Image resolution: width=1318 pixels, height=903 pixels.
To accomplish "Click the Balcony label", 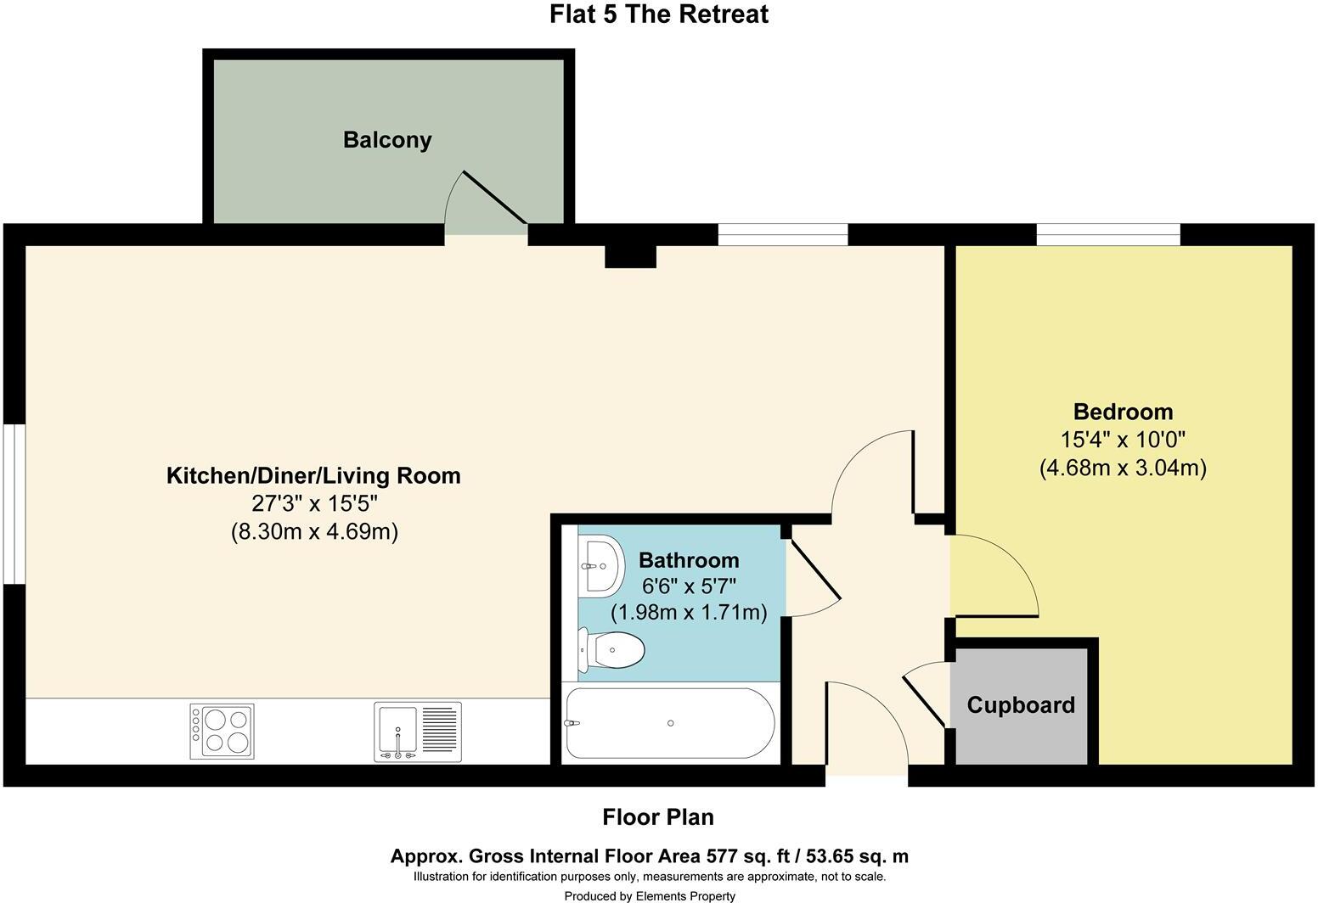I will pyautogui.click(x=387, y=140).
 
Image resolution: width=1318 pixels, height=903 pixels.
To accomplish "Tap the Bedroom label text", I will pyautogui.click(x=1123, y=412).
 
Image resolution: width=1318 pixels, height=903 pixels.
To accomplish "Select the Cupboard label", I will pyautogui.click(x=1021, y=705).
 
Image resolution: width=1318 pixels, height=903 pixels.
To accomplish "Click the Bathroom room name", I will pyautogui.click(x=689, y=560).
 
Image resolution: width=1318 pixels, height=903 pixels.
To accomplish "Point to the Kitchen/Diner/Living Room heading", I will pyautogui.click(x=313, y=475).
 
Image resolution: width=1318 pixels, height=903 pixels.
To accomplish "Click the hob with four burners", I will pyautogui.click(x=222, y=732).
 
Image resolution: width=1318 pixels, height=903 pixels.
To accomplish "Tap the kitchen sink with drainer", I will pyautogui.click(x=418, y=732).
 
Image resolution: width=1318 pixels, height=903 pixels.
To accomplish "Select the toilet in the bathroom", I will pyautogui.click(x=613, y=651).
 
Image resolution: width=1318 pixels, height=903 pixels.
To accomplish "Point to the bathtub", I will pyautogui.click(x=670, y=723).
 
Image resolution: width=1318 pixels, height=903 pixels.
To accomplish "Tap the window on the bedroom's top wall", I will pyautogui.click(x=1107, y=234).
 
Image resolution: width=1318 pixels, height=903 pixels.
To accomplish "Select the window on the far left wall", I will pyautogui.click(x=14, y=504).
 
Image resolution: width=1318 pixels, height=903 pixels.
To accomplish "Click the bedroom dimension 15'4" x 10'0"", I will pyautogui.click(x=1123, y=440).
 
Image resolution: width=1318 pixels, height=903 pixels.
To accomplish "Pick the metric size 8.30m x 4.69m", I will pyautogui.click(x=314, y=532).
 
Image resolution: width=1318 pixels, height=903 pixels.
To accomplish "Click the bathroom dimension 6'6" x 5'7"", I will pyautogui.click(x=689, y=586).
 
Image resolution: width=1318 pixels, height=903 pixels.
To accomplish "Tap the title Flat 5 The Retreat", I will pyautogui.click(x=659, y=14).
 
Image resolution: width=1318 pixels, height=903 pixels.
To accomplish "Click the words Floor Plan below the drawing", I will pyautogui.click(x=658, y=817).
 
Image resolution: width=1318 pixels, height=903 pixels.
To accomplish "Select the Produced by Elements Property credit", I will pyautogui.click(x=650, y=895).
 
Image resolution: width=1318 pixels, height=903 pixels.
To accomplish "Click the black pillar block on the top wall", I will pyautogui.click(x=630, y=255).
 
